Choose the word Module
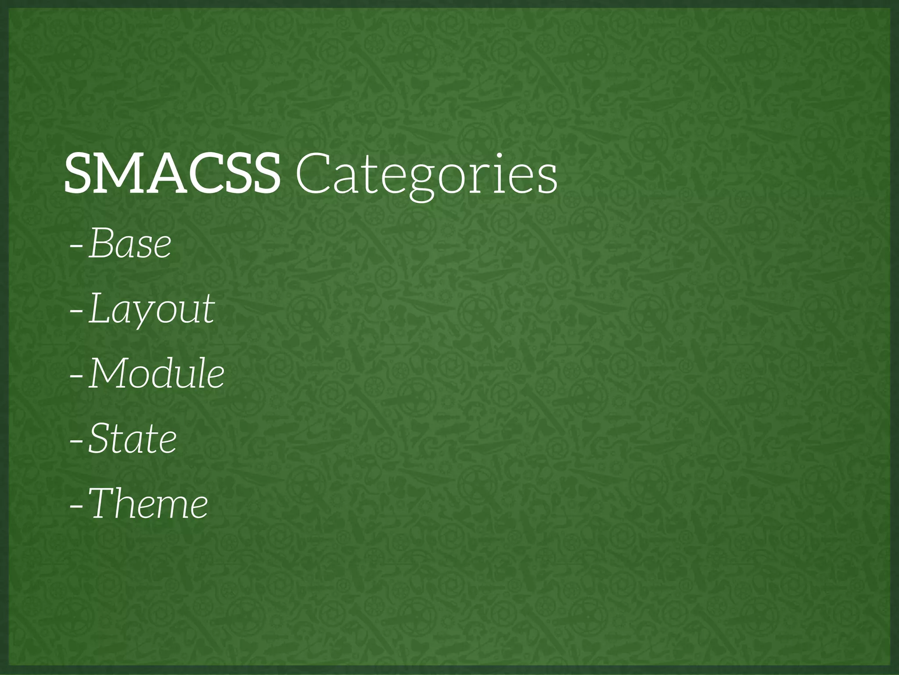[x=157, y=374]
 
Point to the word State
[x=133, y=439]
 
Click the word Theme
[x=149, y=504]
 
